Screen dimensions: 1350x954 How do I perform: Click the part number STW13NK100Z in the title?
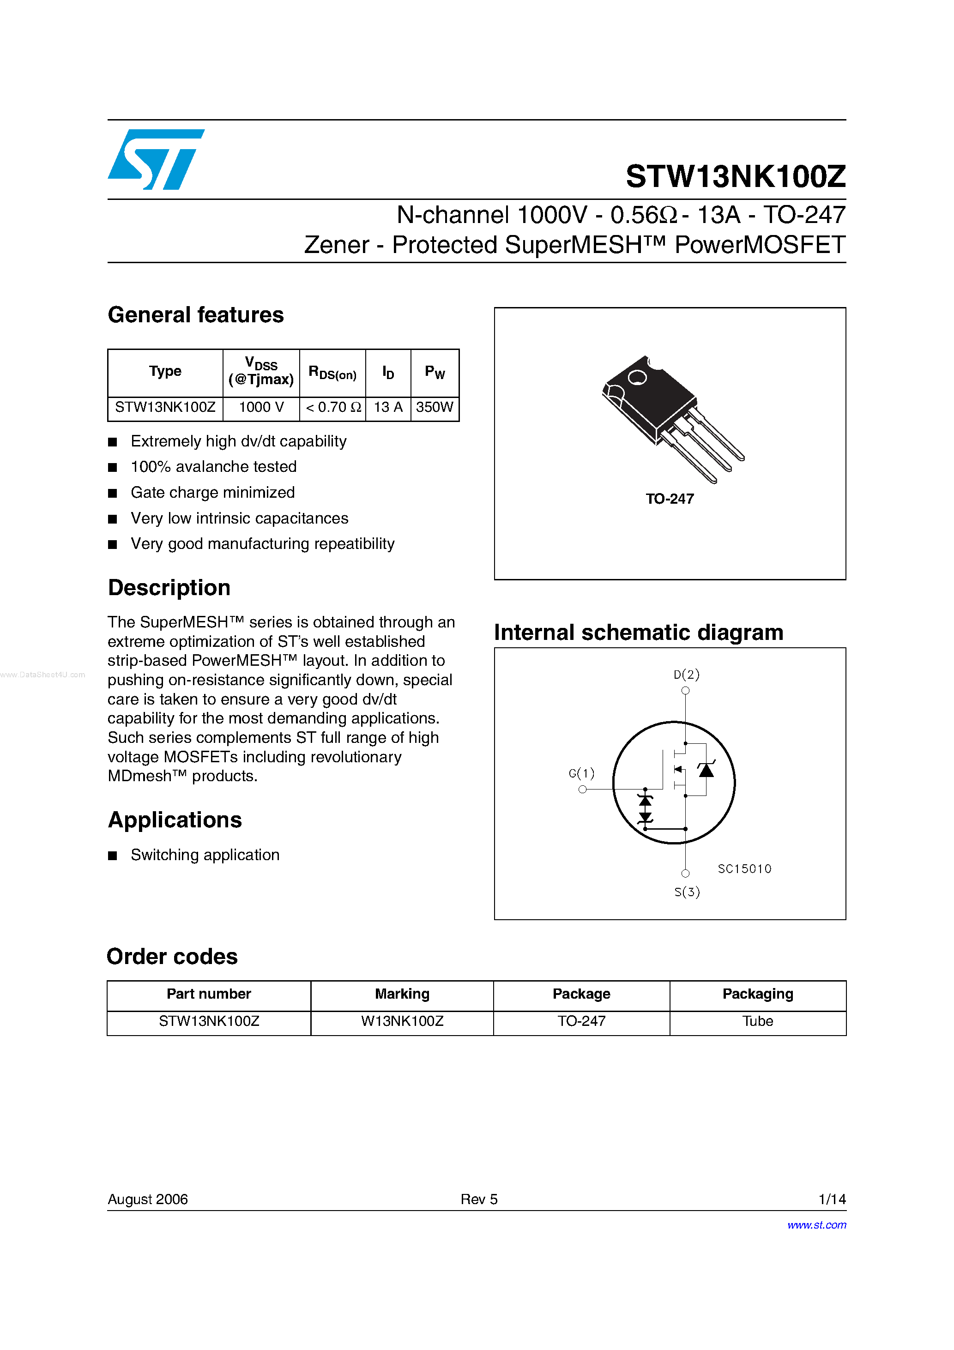coord(735,176)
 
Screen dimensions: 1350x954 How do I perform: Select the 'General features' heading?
coord(195,315)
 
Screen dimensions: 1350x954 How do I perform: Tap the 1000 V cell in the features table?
coord(261,407)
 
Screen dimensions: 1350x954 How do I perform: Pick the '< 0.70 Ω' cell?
coord(333,407)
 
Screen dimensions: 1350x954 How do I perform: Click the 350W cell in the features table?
coord(434,407)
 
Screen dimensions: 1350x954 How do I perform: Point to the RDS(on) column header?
coord(332,373)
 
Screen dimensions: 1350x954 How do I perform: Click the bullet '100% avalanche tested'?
coord(213,467)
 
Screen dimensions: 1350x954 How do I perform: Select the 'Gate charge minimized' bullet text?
coord(212,493)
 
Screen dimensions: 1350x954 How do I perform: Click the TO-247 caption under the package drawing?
coord(670,499)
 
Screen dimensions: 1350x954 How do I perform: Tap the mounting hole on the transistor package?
coord(637,377)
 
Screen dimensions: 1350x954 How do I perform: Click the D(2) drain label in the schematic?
coord(686,675)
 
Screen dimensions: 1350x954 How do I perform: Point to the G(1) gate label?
coord(581,773)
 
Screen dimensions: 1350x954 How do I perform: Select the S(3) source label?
coord(686,892)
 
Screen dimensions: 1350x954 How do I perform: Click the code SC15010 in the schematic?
coord(744,869)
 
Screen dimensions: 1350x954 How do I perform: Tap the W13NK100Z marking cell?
coord(402,1021)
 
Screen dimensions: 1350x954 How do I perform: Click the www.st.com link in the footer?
coord(816,1225)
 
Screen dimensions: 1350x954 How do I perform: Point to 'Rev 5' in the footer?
coord(479,1199)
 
